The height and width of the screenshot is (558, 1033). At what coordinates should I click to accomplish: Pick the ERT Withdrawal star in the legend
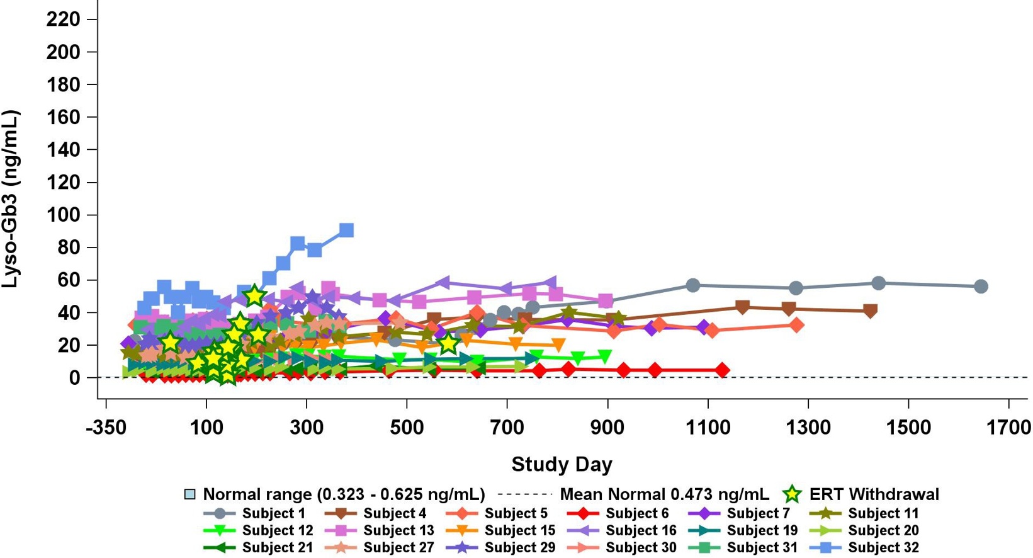(x=792, y=494)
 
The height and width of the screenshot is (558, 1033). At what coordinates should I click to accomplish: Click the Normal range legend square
(x=189, y=494)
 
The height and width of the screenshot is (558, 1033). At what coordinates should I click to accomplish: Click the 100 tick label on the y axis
(x=63, y=215)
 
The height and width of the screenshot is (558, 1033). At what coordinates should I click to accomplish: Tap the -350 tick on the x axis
(x=106, y=428)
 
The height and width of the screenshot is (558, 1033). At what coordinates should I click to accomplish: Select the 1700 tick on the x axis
(x=1008, y=428)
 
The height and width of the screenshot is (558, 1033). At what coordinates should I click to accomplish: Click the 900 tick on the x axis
(x=607, y=428)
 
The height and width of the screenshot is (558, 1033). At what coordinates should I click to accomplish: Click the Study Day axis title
(x=562, y=464)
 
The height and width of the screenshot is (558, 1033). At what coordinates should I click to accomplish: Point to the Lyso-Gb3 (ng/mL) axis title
(x=11, y=199)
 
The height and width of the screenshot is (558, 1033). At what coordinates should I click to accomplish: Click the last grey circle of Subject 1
(x=981, y=287)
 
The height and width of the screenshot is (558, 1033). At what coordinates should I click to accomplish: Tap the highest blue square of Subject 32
(x=346, y=231)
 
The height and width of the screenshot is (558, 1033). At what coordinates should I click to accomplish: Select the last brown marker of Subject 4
(x=871, y=310)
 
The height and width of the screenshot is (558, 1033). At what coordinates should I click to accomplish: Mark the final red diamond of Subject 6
(x=722, y=370)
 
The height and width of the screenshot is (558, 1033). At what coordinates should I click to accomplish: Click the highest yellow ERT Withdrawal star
(x=254, y=295)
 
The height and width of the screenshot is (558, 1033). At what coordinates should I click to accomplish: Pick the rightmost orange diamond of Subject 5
(x=797, y=325)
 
